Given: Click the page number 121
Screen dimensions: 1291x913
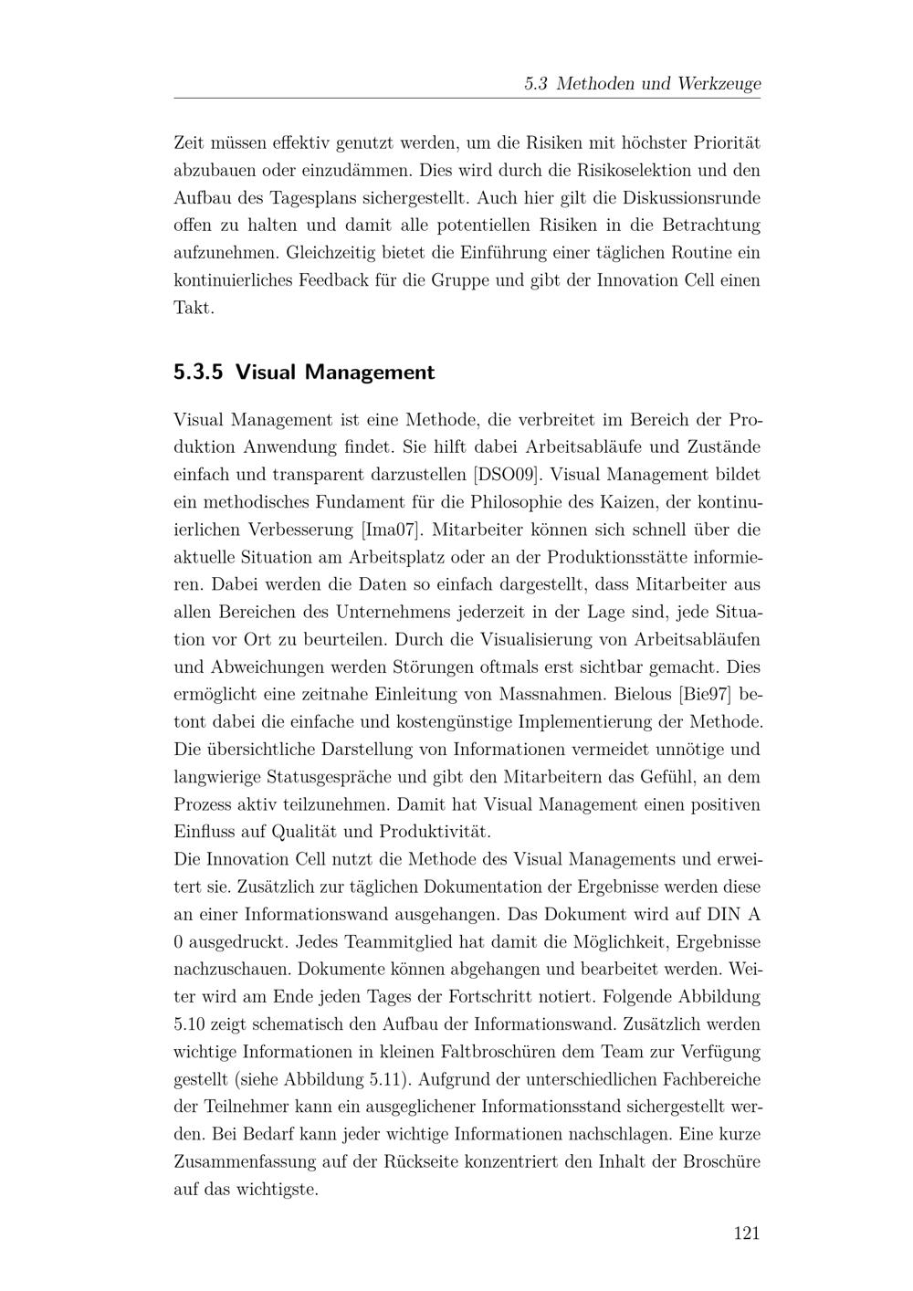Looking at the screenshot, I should [746, 1233].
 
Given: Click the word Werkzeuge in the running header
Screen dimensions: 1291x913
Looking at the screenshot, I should [719, 84].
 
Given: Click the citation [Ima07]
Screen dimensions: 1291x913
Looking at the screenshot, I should [390, 530].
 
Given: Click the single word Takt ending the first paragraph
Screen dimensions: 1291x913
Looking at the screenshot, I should [194, 308].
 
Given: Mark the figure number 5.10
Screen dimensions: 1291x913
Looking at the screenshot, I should [193, 1024].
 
